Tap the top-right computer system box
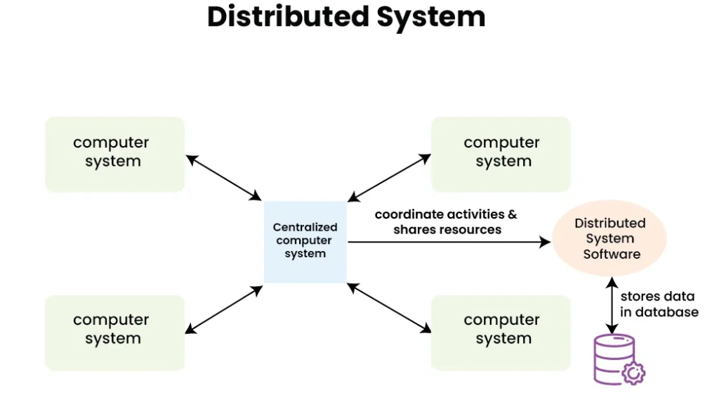[x=501, y=154]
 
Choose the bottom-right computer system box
[x=501, y=332]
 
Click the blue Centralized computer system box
[x=305, y=241]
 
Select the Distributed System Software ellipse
[x=609, y=238]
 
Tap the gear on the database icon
[x=634, y=373]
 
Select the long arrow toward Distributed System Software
[x=449, y=242]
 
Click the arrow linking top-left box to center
[x=224, y=177]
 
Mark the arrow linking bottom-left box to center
[x=224, y=309]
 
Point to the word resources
[x=470, y=230]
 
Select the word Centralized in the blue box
[x=305, y=227]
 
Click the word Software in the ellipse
[x=612, y=254]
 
